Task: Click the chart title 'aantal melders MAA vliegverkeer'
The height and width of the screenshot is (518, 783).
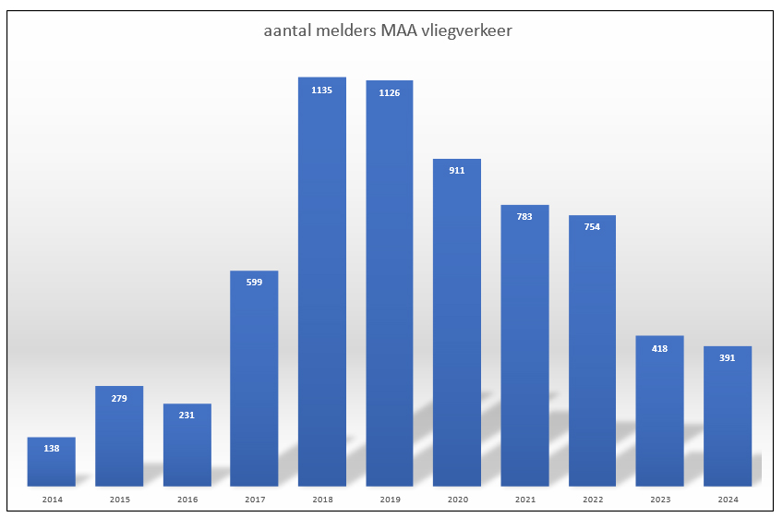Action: coord(388,31)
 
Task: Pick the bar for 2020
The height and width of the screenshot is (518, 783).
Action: coord(457,323)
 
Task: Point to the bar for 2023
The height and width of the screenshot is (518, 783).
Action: coord(659,411)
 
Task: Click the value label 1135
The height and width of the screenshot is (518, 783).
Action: coord(322,90)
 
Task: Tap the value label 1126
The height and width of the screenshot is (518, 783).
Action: coord(390,93)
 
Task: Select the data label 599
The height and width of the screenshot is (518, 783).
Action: coord(254,283)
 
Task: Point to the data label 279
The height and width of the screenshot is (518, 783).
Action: coord(119,399)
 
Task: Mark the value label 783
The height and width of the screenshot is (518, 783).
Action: coord(524,217)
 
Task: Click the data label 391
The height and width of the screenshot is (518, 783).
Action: coord(727,358)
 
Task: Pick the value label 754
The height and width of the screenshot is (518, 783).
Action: coord(592,227)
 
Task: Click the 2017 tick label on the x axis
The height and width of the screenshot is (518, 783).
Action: coord(254,500)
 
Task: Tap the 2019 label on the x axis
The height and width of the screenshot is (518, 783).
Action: coord(390,500)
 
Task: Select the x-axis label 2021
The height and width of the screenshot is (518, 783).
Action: coord(524,500)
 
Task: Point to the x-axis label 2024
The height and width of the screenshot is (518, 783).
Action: coord(727,500)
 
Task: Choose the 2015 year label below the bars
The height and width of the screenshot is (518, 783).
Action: coord(119,500)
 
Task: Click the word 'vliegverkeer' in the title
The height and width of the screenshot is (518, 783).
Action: coord(466,31)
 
